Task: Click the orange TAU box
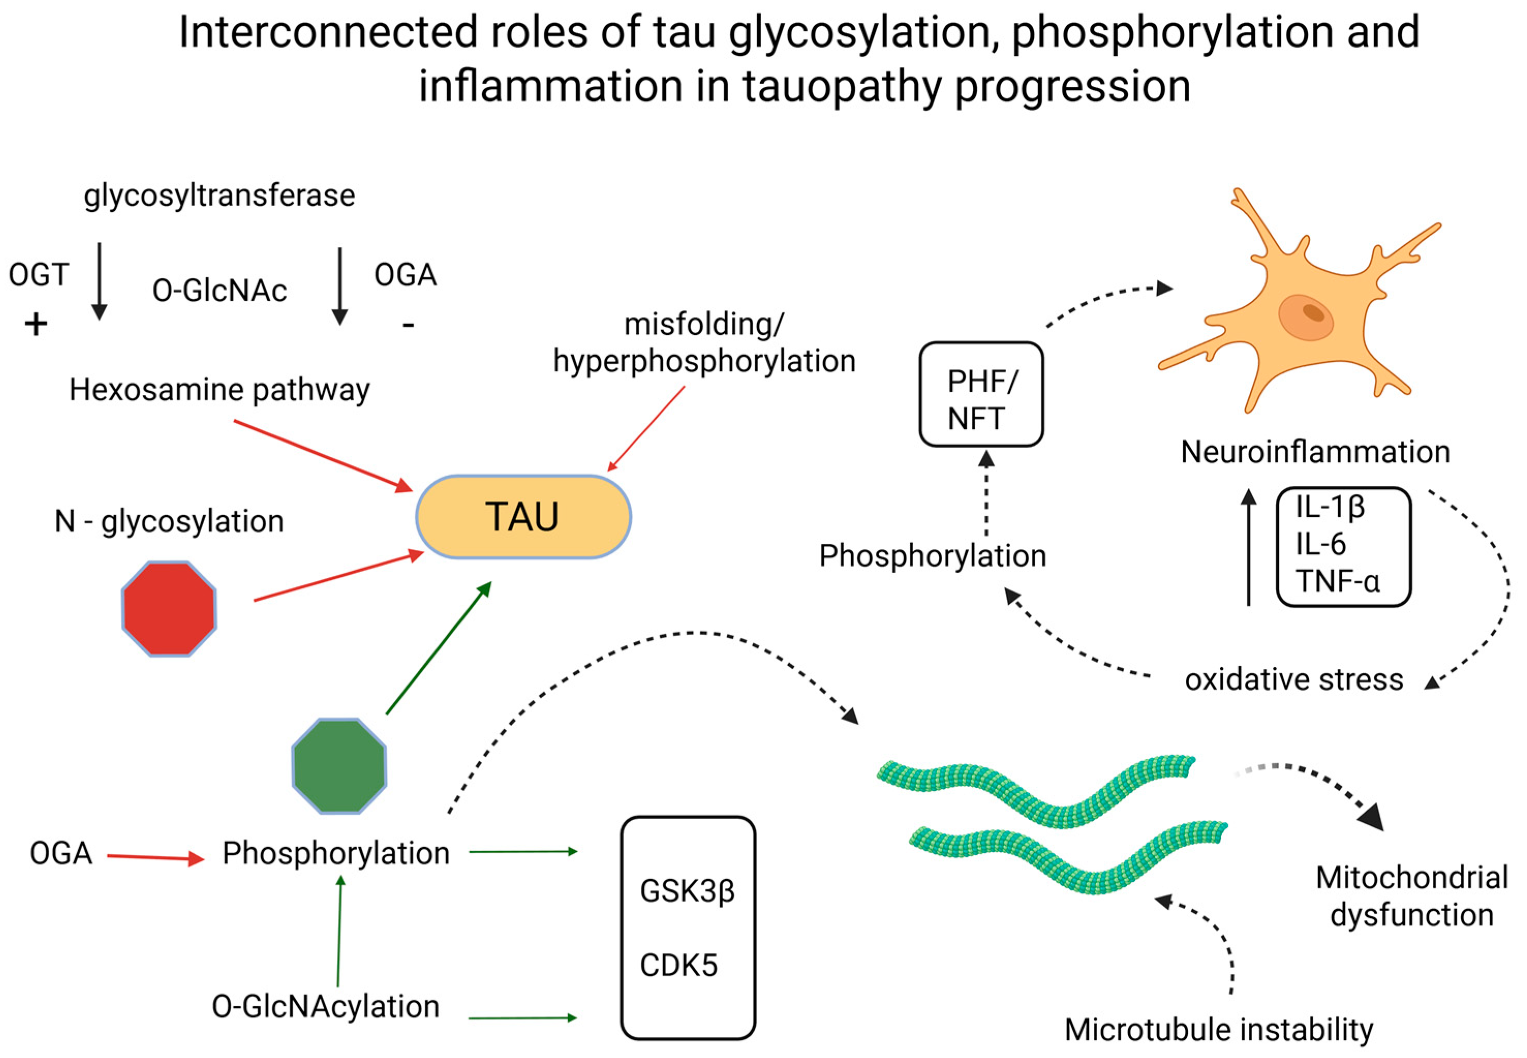[x=523, y=516]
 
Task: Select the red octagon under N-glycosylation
[x=169, y=608]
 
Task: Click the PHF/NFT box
[x=981, y=394]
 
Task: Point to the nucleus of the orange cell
[x=1306, y=317]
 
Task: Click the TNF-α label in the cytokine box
[x=1337, y=581]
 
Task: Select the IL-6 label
[x=1321, y=544]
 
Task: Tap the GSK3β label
[x=687, y=891]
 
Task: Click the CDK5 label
[x=678, y=965]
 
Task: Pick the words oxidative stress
[x=1294, y=680]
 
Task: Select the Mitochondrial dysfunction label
[x=1412, y=896]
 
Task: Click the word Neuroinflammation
[x=1315, y=452]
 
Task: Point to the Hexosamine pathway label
[x=220, y=390]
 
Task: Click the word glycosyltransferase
[x=220, y=195]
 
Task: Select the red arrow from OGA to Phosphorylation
[x=156, y=858]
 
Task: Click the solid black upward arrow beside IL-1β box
[x=1248, y=547]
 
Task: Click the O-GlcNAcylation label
[x=326, y=1006]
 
